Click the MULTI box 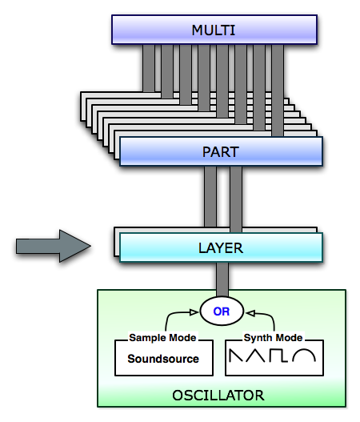coord(214,30)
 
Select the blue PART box coord(221,151)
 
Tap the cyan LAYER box coord(221,247)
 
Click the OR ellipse coord(222,311)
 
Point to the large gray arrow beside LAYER coord(54,246)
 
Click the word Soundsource coord(163,359)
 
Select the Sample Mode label coord(162,337)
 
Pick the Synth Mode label coord(273,337)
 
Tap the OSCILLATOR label coord(218,396)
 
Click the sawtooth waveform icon coord(236,356)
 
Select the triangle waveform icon coord(255,356)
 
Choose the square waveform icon coord(278,356)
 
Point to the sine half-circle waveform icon coord(304,355)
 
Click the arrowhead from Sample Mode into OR coord(194,312)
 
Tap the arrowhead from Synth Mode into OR coord(250,313)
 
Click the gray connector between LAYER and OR coord(222,279)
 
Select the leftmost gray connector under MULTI coord(149,68)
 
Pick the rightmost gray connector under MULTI coord(278,90)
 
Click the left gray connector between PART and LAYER coord(210,196)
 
